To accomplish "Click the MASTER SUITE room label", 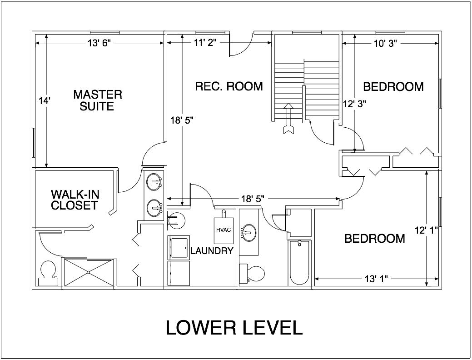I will tap(97, 100).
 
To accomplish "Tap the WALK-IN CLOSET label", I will tap(75, 200).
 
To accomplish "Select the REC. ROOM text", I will tap(229, 86).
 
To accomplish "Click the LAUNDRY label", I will tap(212, 250).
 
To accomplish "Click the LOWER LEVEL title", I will tap(234, 328).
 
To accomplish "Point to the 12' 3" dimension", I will tap(354, 103).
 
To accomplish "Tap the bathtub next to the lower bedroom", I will tap(299, 262).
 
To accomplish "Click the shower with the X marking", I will tap(88, 272).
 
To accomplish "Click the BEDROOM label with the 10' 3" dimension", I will tap(393, 86).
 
